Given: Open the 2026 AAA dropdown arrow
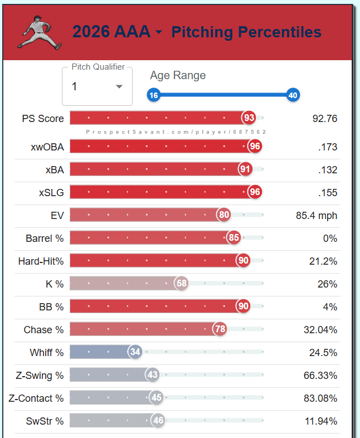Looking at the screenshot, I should (x=159, y=33).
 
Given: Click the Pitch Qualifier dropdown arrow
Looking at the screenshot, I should (x=119, y=86).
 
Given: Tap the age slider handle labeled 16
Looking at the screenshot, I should (x=154, y=95).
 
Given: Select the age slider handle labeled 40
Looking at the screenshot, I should (x=293, y=95).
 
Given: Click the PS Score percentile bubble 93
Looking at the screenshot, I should (x=249, y=118).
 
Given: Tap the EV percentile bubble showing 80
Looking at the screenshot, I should (x=224, y=215).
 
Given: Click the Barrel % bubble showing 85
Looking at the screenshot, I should (x=234, y=238).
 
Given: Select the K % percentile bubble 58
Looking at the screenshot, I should (x=181, y=284).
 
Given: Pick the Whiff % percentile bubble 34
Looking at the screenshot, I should (x=135, y=352).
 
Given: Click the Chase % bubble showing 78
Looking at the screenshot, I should (x=220, y=329).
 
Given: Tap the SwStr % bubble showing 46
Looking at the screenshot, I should (x=158, y=421).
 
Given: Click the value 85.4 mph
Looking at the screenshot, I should (x=317, y=215).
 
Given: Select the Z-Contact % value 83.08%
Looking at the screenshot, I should (x=320, y=398).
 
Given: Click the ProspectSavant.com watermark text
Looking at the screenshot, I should (x=176, y=132).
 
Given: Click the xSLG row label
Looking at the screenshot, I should (x=51, y=192).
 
